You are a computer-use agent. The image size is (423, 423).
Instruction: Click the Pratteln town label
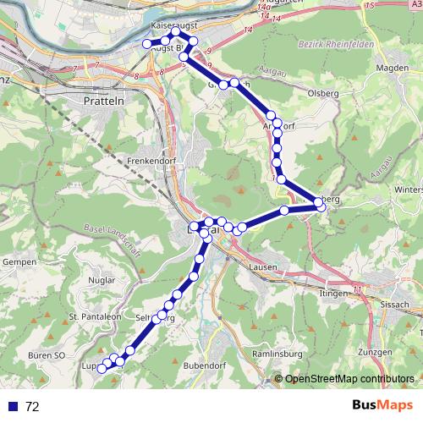coord(106,100)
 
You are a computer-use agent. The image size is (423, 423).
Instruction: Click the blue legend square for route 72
coord(13,407)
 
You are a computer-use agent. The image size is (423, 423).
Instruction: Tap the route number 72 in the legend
coord(32,407)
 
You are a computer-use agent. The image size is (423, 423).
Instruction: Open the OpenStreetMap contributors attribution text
coord(348,379)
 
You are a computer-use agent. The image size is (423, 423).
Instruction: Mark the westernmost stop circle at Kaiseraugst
coord(147,43)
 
